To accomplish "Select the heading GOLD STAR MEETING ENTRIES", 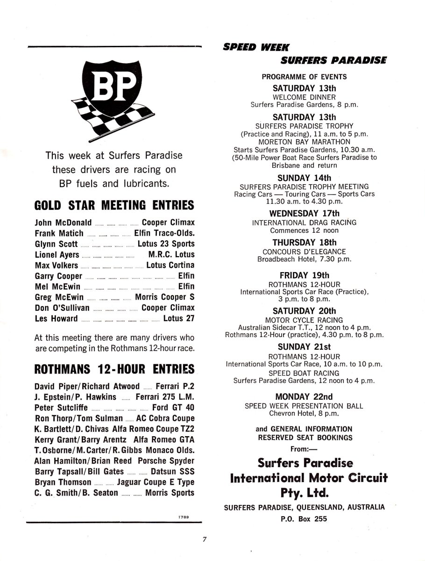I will (114, 205).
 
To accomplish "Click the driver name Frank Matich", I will (59, 233).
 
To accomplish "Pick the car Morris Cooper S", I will (165, 297).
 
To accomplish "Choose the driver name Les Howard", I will (56, 318).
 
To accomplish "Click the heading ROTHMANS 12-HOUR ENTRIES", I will (114, 369).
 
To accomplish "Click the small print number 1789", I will (183, 517).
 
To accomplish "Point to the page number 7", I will (204, 539).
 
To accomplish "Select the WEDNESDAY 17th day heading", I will (304, 214).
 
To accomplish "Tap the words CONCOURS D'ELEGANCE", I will (304, 251).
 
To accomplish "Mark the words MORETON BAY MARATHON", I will (304, 142).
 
